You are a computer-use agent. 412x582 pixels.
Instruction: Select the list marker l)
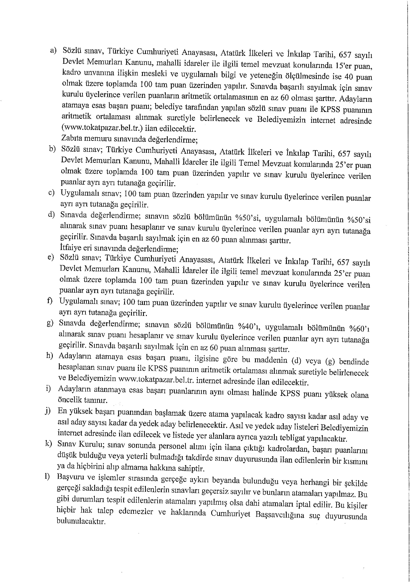tap(47, 477)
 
